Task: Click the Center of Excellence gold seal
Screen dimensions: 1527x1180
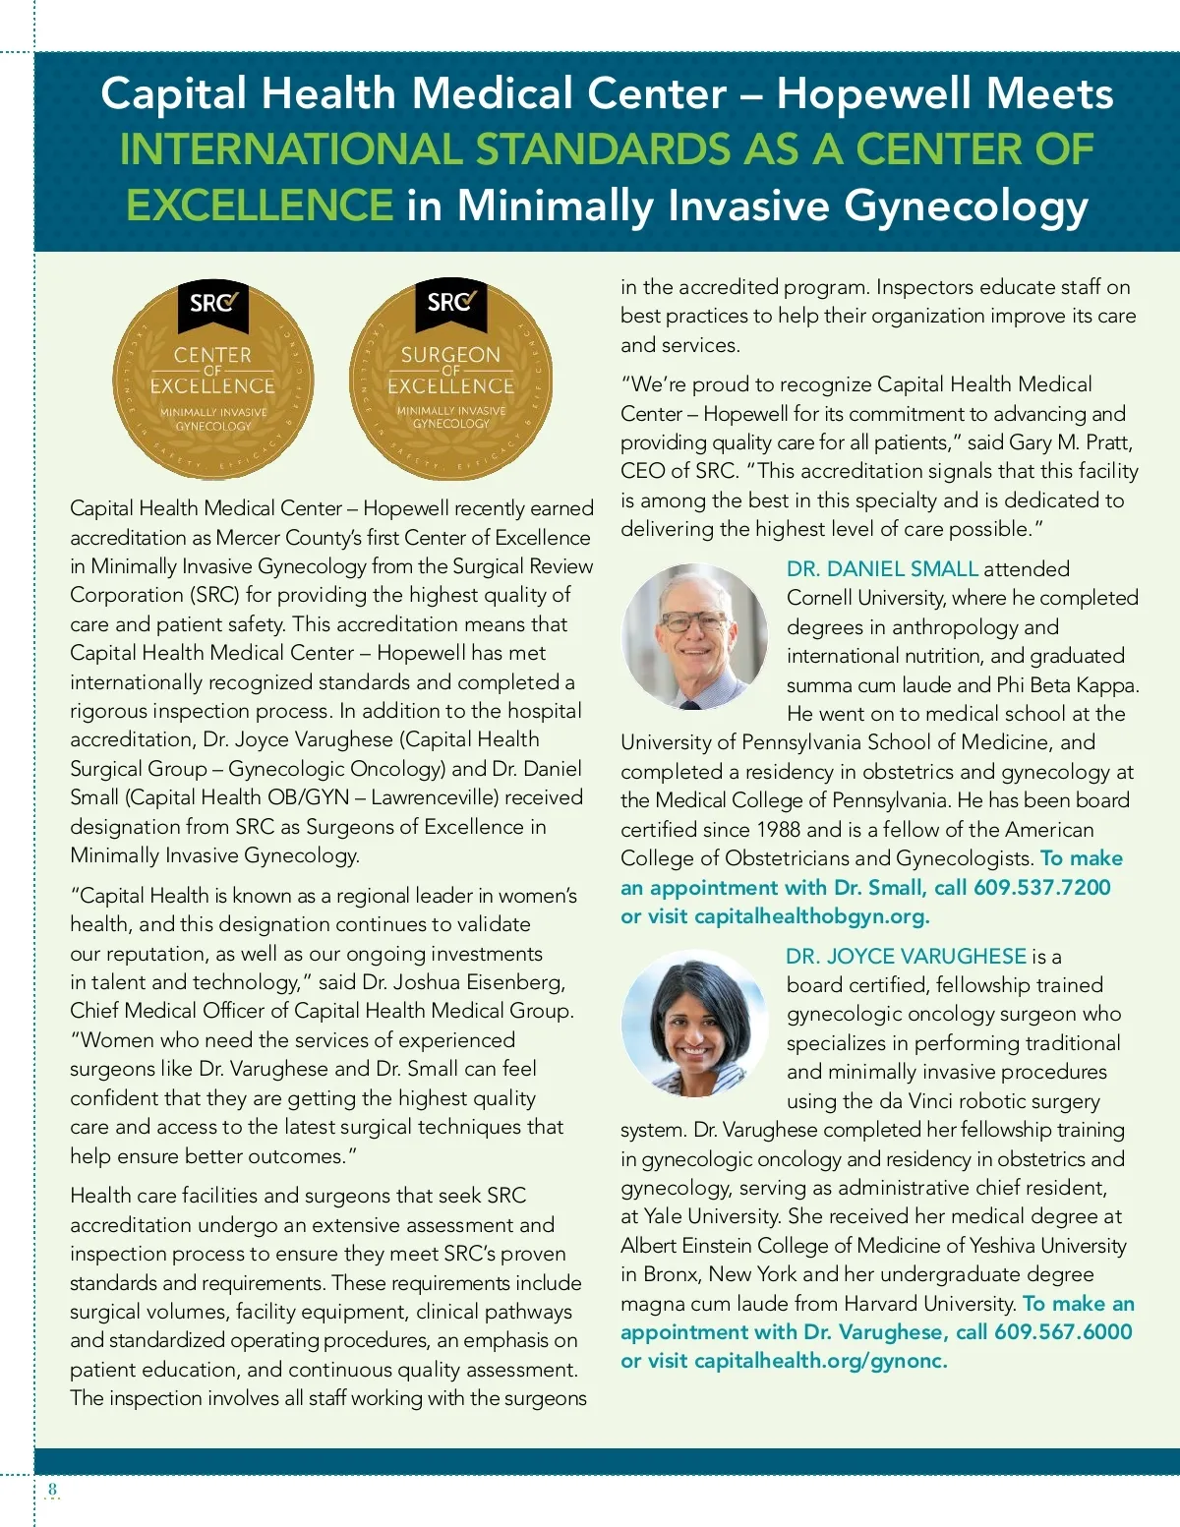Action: [x=212, y=379]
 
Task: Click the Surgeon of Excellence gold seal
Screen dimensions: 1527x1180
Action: [x=450, y=379]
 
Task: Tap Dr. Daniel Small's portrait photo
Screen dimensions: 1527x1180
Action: [x=695, y=636]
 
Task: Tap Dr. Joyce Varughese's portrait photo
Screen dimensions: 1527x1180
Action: [x=695, y=1023]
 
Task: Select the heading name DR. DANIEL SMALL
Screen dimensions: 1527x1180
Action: [x=882, y=568]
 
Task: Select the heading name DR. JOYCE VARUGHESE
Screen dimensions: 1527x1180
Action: [x=906, y=956]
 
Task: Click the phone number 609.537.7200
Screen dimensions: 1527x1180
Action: [x=1041, y=888]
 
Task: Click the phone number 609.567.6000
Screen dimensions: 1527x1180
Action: [x=1063, y=1332]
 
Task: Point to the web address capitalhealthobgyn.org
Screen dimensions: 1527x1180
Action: [x=810, y=916]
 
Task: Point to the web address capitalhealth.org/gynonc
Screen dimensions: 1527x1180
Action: [x=819, y=1361]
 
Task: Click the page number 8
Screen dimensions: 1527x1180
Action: [x=53, y=1489]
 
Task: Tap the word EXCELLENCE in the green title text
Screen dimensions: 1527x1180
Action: [x=260, y=206]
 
